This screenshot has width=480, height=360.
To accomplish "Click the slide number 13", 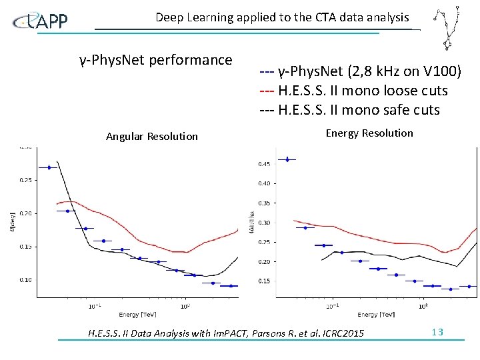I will (x=437, y=333).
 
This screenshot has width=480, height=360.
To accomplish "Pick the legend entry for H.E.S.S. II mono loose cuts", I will (x=353, y=90).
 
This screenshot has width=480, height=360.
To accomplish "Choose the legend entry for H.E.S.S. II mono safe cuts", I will (x=349, y=109).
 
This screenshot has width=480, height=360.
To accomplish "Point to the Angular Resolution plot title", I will (x=152, y=136).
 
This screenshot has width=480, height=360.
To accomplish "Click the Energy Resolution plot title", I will (x=369, y=133).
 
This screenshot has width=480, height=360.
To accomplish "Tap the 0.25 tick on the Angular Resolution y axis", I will (x=25, y=179).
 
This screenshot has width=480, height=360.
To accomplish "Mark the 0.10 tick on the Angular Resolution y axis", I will (x=25, y=279).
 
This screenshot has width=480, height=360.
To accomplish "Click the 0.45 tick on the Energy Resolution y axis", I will (x=264, y=163).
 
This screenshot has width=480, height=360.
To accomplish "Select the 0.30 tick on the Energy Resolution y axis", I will (x=264, y=223).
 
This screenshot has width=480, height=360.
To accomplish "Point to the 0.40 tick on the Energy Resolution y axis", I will (x=264, y=183).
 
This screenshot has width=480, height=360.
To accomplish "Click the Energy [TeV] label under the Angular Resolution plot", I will (x=139, y=314).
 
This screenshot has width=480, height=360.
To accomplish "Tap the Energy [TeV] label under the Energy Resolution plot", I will (x=377, y=314).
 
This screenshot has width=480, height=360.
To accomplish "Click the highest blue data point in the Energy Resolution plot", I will (x=287, y=159).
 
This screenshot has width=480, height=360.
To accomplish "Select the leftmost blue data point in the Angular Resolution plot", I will (x=49, y=167).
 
